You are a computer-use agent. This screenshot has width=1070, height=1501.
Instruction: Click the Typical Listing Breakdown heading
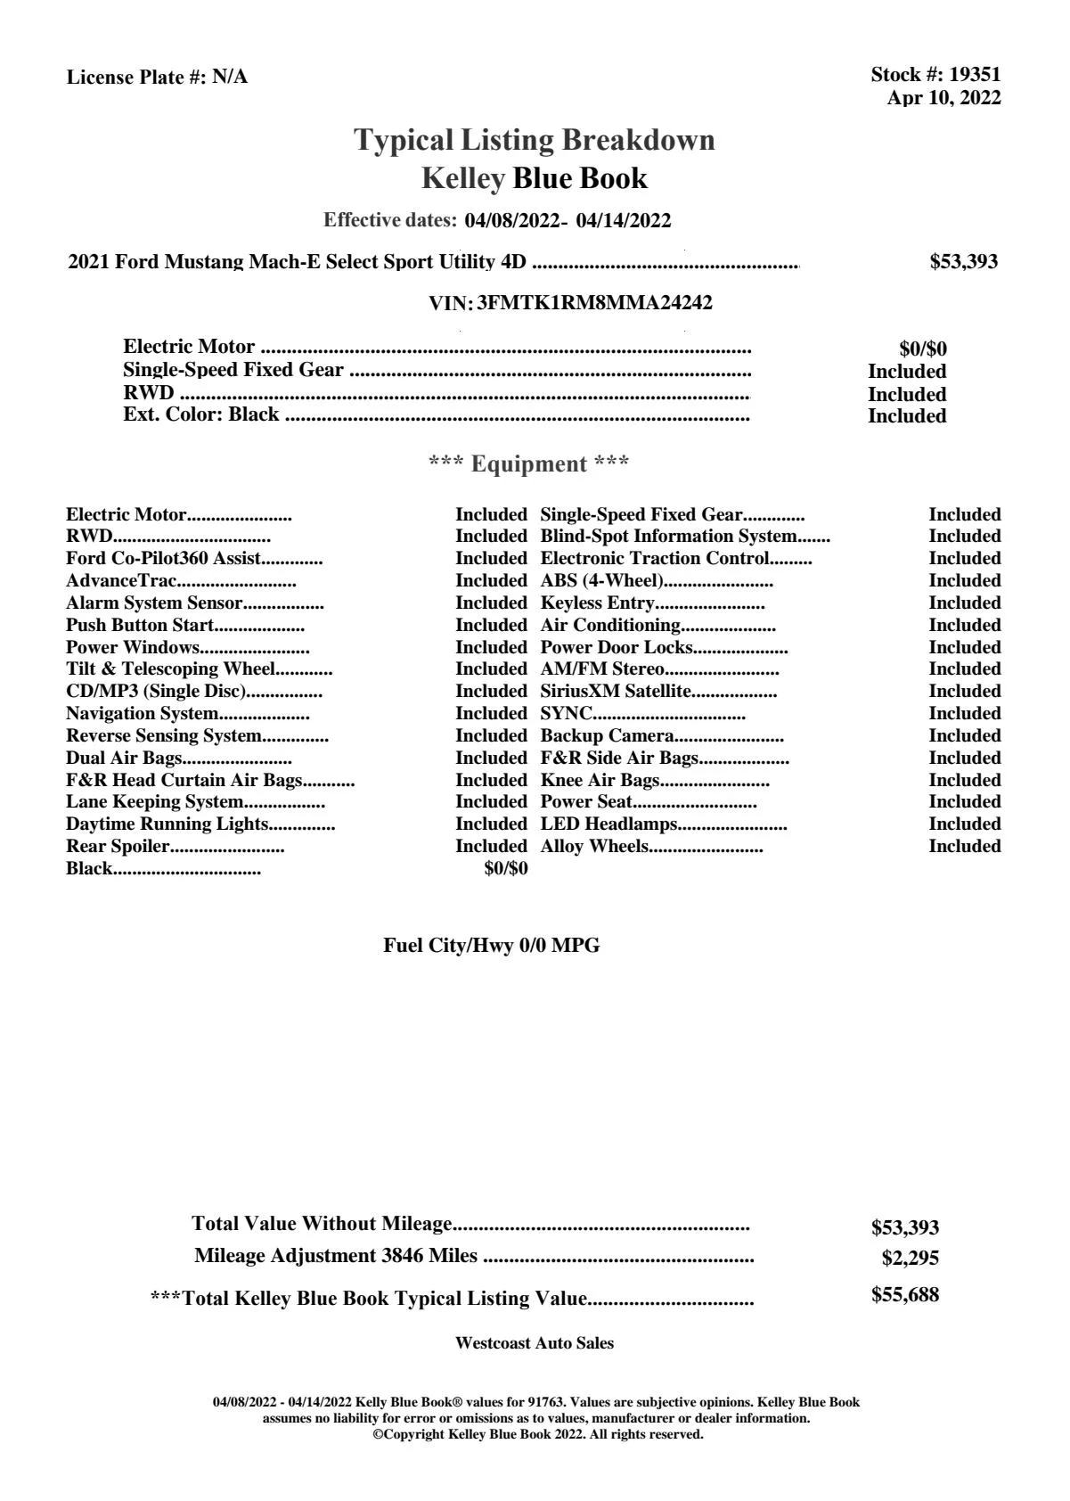pos(534,140)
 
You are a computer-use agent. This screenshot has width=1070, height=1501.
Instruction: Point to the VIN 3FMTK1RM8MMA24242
pos(594,303)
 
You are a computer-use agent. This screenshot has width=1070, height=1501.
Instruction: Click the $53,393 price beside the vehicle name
pos(963,262)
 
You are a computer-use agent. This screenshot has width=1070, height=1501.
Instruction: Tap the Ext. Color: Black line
pos(201,414)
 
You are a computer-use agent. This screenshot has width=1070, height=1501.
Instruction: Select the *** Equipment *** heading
pos(528,463)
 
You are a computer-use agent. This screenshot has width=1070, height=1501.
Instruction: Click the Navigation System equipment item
pos(143,713)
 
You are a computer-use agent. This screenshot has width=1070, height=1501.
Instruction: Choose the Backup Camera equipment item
pos(607,735)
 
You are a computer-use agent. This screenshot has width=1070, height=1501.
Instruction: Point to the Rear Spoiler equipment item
pos(118,846)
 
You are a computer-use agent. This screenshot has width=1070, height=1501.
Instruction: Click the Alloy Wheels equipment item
pos(594,846)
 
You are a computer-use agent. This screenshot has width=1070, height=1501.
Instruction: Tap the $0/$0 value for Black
pos(505,868)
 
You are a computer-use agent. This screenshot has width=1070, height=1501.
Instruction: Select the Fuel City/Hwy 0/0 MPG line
pos(491,946)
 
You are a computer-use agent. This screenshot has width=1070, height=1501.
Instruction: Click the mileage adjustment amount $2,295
pos(910,1259)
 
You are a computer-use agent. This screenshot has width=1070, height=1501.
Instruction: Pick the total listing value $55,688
pos(904,1295)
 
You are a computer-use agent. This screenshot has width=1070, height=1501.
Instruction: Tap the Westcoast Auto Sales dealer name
pos(534,1343)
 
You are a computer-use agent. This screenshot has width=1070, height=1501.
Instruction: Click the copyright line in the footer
pos(538,1434)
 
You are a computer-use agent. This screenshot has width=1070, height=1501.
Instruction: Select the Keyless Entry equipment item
pos(597,603)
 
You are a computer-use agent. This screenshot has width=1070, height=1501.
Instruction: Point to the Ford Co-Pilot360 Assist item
pos(163,558)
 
